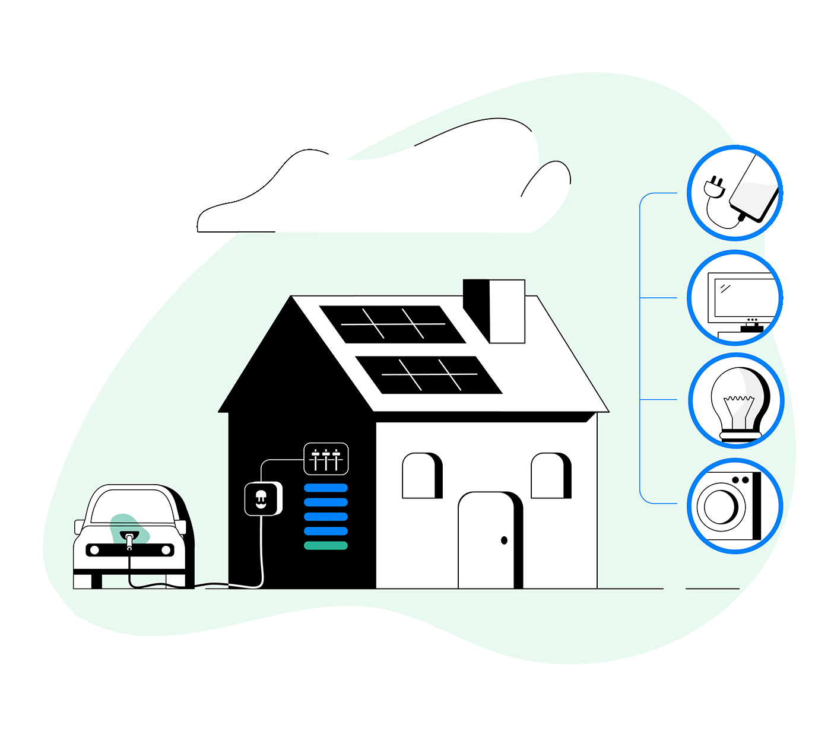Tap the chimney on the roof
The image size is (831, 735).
[x=494, y=311]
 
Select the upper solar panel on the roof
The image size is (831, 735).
[x=392, y=324]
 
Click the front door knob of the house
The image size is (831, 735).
[x=504, y=540]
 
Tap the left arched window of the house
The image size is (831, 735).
[x=421, y=476]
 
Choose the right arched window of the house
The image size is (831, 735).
[x=550, y=476]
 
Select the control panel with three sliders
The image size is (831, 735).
[x=326, y=459]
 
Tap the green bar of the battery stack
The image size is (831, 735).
[x=326, y=546]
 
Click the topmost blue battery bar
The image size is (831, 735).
[x=326, y=488]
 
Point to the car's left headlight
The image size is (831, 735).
[x=94, y=551]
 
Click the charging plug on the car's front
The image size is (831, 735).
[x=129, y=539]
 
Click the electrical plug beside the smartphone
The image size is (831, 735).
[x=714, y=186]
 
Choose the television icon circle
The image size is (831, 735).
[x=735, y=298]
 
